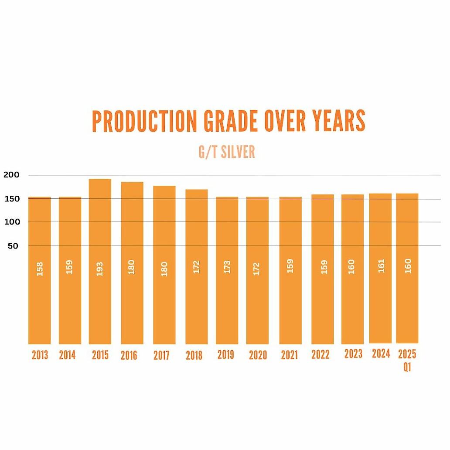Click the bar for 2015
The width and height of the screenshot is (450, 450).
[x=100, y=262]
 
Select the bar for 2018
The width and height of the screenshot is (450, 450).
[x=197, y=266]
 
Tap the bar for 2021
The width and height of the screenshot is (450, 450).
[x=290, y=270]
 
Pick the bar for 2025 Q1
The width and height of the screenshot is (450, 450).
[x=407, y=268]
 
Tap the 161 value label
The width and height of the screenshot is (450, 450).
[x=381, y=266]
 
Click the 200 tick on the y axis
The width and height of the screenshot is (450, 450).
[x=11, y=175]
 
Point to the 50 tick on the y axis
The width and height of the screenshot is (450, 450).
[x=13, y=246]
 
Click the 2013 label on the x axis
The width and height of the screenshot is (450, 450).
[x=40, y=355]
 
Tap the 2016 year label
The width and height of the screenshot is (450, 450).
[x=129, y=356]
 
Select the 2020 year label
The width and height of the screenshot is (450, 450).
[x=258, y=356]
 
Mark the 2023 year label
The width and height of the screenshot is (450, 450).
[x=353, y=354]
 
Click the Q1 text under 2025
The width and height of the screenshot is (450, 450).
[x=407, y=367]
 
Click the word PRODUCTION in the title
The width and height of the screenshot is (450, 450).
[x=144, y=121]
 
